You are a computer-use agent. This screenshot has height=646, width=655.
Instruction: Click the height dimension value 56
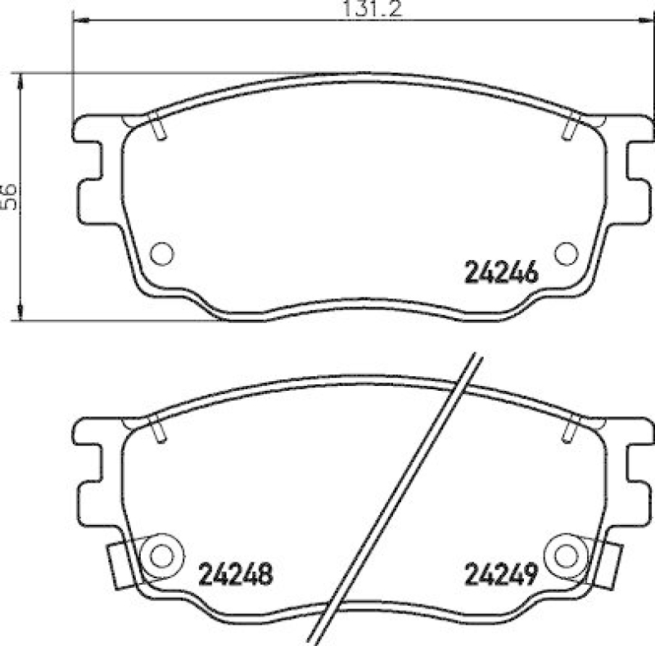(9, 197)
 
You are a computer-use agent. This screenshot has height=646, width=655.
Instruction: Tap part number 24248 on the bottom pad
(235, 576)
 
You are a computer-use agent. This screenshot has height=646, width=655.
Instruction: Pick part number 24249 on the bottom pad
(500, 576)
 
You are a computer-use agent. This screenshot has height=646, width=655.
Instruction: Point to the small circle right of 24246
(566, 253)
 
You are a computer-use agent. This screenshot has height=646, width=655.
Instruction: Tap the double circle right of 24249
(566, 554)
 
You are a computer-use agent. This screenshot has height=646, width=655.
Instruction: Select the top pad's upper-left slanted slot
(159, 128)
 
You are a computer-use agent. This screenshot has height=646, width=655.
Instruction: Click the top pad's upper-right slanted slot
(571, 128)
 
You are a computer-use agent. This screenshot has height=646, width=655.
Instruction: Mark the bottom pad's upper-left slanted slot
(159, 428)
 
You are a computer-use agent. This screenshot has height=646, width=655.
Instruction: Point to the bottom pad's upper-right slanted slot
(571, 428)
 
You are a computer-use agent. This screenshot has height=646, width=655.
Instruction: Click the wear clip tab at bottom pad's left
(120, 563)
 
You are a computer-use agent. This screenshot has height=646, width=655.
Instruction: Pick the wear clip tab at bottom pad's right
(607, 563)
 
